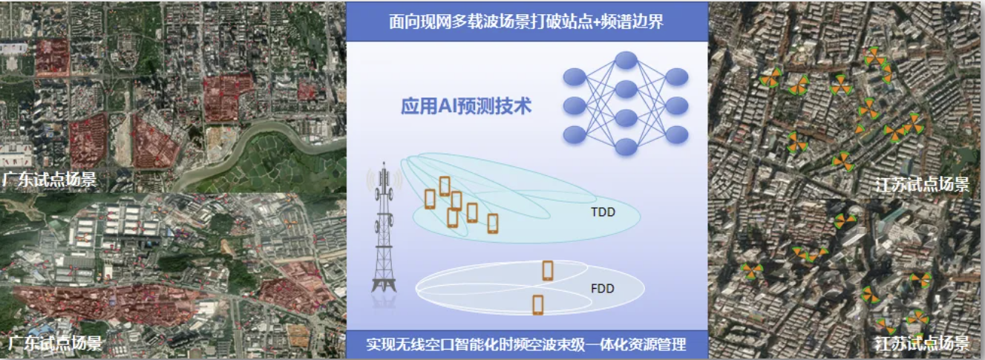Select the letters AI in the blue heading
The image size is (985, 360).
tap(447, 106)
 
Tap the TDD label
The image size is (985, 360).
tap(603, 212)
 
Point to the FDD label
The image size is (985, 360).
tap(603, 288)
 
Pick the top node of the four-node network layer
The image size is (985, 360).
tap(626, 60)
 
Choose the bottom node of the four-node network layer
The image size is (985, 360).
tap(626, 147)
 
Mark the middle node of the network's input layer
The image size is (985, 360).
tap(575, 106)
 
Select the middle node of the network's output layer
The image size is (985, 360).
tap(677, 106)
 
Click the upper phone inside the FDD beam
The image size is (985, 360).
tap(548, 271)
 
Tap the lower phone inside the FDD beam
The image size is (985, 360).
tap(538, 305)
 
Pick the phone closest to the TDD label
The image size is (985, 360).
tap(493, 223)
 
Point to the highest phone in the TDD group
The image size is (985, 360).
tap(445, 186)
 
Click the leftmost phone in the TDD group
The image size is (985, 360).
tap(430, 199)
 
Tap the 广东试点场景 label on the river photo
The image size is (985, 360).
tap(49, 180)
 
